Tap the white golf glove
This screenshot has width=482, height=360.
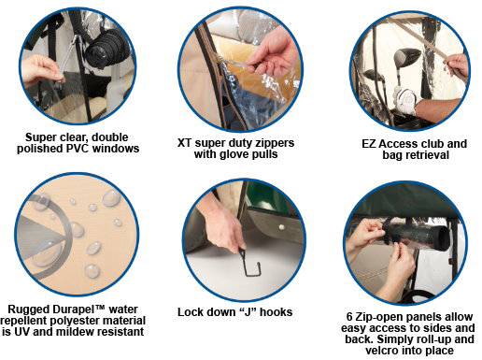coord(405,100)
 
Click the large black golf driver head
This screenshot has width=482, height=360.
coord(406,58)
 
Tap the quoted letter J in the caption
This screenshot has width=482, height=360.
coord(247,312)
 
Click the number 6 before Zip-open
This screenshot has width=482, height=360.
coord(349,317)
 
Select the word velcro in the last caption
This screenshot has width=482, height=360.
coord(383,351)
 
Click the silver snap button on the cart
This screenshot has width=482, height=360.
coord(282,227)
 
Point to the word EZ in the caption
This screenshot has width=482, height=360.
coord(369,144)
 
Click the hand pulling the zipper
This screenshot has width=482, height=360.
coord(274,53)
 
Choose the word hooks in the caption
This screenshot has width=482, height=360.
coord(276,312)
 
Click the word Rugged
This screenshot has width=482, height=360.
coord(28,310)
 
